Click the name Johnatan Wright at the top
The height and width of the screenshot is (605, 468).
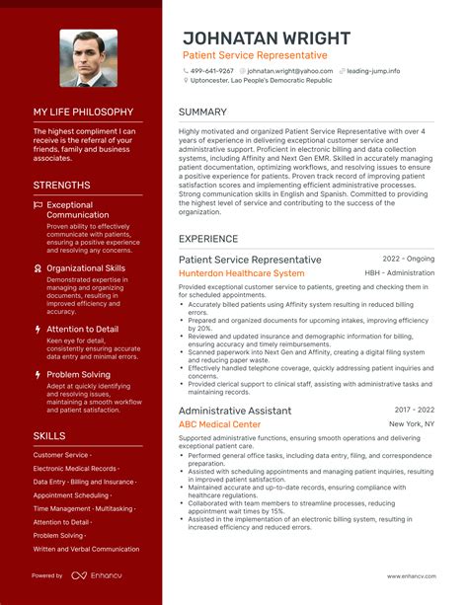click(266, 38)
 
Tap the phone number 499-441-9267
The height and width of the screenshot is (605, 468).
click(212, 71)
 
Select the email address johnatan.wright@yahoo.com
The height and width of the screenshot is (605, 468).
click(289, 71)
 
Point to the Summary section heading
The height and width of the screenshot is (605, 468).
click(203, 112)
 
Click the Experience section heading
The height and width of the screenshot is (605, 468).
click(209, 238)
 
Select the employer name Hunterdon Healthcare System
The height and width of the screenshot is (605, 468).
click(241, 273)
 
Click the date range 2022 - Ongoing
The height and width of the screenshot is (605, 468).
click(409, 260)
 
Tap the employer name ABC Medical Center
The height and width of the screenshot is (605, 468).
click(219, 424)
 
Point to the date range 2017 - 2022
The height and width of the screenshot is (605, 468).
click(415, 411)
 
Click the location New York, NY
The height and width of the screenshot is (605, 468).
click(412, 424)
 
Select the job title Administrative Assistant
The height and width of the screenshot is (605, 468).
click(235, 411)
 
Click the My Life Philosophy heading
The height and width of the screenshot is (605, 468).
click(83, 113)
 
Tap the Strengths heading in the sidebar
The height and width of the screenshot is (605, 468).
click(61, 186)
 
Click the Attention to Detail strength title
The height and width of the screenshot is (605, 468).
click(82, 329)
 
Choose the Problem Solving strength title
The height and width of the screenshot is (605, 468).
click(79, 375)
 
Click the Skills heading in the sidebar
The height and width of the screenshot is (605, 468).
click(49, 435)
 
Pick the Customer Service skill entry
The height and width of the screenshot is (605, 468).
click(60, 455)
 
